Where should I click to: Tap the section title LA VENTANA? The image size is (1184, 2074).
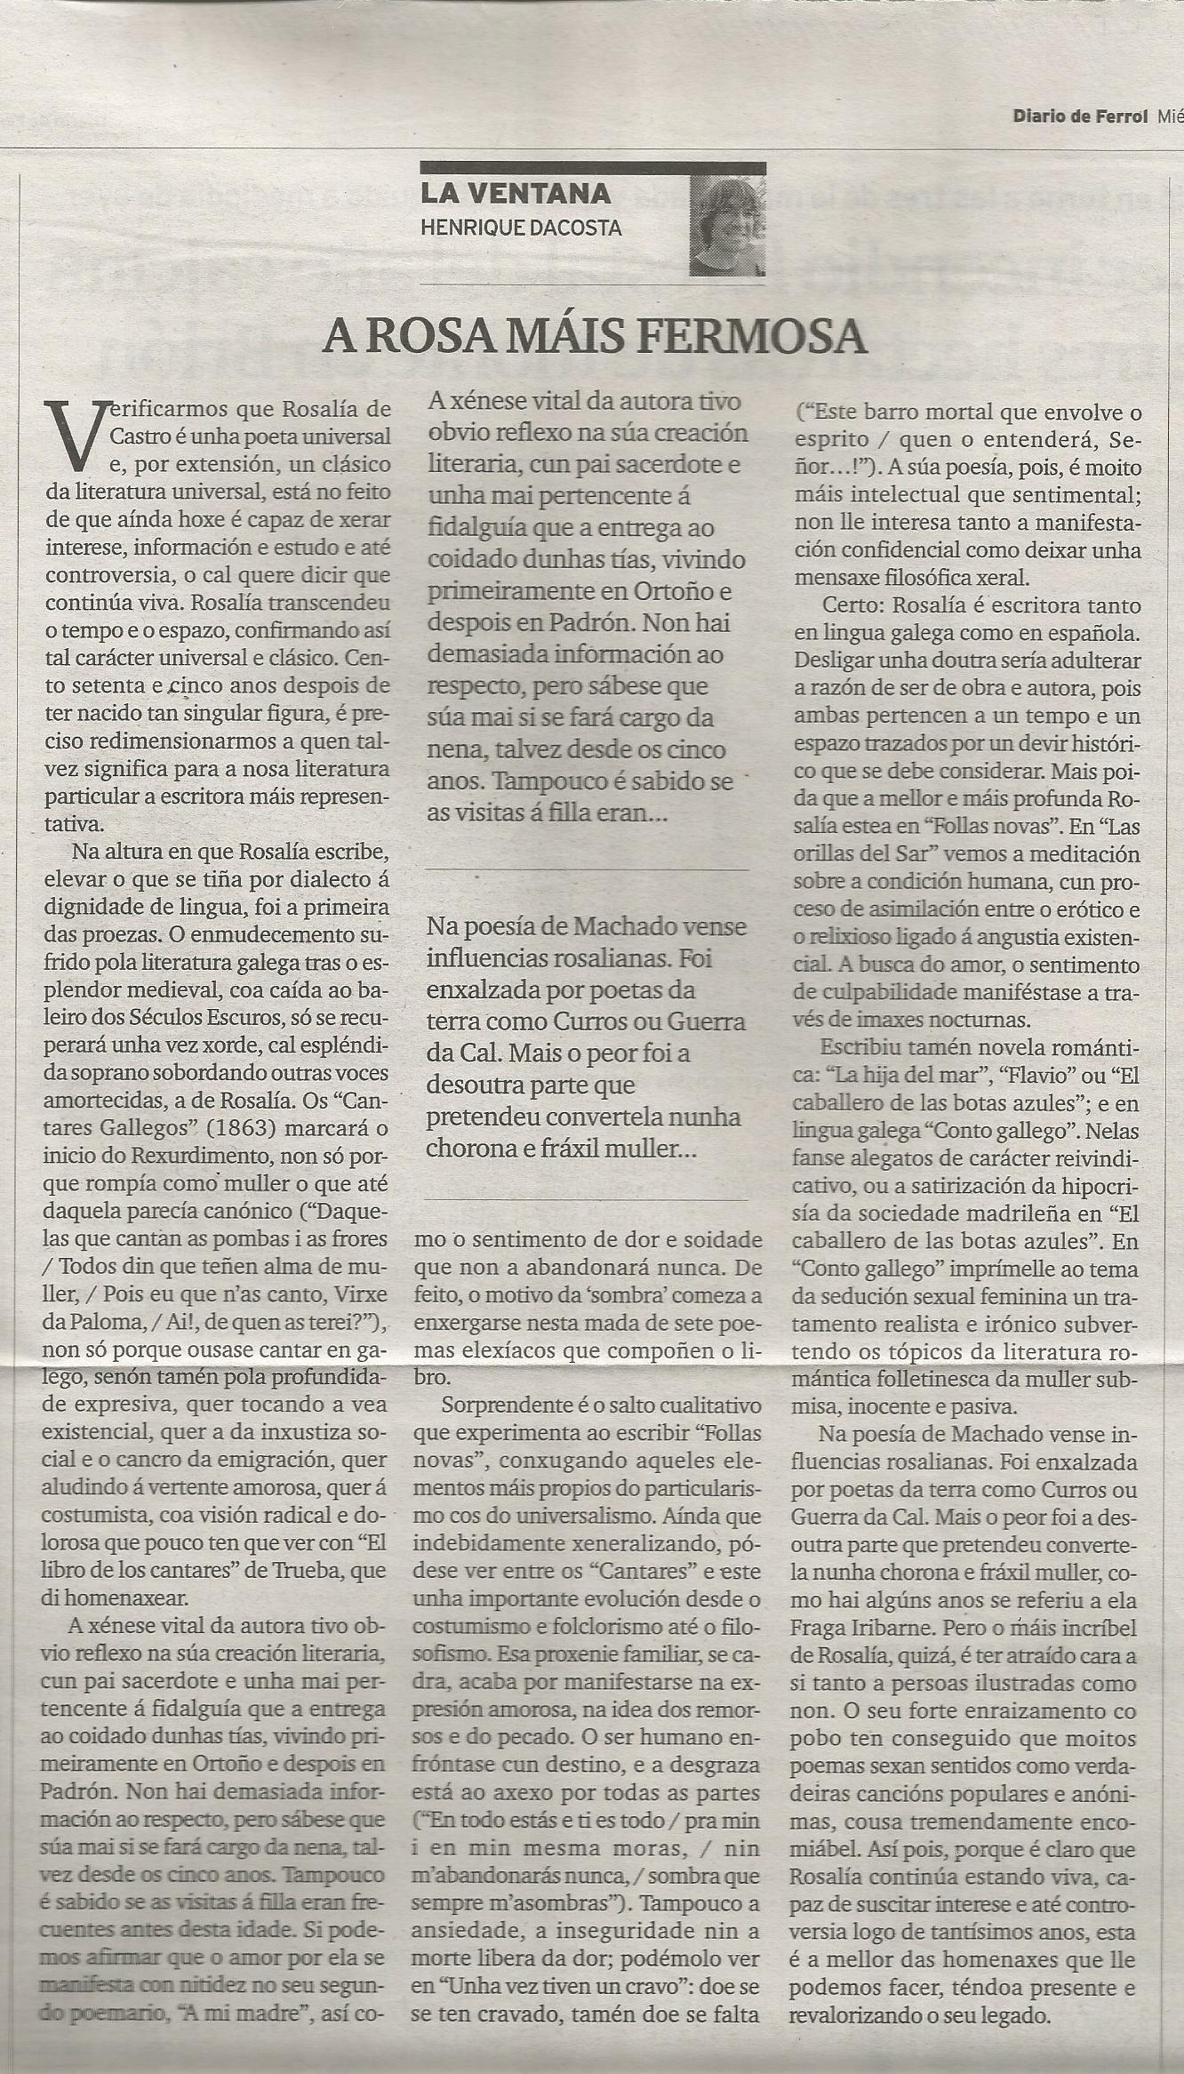coord(516,193)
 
